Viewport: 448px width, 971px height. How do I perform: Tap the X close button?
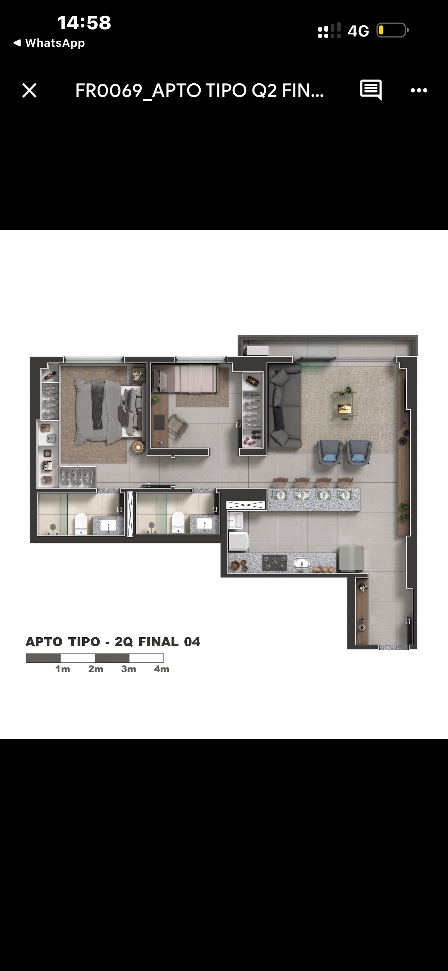pyautogui.click(x=30, y=90)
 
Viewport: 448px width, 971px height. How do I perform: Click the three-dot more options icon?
pyautogui.click(x=418, y=90)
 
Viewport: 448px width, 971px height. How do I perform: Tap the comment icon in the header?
pyautogui.click(x=371, y=90)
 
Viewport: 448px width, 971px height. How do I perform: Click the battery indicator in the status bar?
pyautogui.click(x=392, y=30)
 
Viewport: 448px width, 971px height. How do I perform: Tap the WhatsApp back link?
pyautogui.click(x=49, y=43)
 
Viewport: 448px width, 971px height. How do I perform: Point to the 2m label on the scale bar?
pyautogui.click(x=96, y=669)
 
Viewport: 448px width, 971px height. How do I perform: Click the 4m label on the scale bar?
pyautogui.click(x=161, y=669)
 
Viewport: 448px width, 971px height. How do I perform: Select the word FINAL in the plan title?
pyautogui.click(x=158, y=641)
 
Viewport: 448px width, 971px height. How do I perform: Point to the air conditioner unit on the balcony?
pyautogui.click(x=258, y=350)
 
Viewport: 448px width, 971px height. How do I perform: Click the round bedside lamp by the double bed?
pyautogui.click(x=138, y=447)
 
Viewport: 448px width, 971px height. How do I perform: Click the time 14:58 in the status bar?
pyautogui.click(x=84, y=23)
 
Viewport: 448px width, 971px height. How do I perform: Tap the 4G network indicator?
pyautogui.click(x=358, y=31)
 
